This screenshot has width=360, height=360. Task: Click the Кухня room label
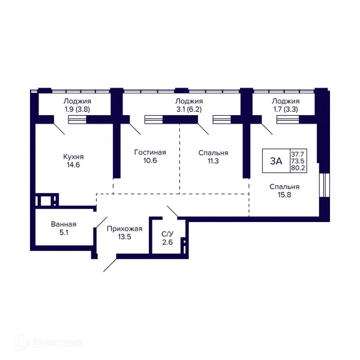(73, 157)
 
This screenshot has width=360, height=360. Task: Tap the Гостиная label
(150, 152)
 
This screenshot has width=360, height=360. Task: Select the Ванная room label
(64, 224)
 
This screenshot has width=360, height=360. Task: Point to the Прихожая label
(125, 229)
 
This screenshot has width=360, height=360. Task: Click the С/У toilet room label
(167, 234)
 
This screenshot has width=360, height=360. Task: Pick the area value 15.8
(284, 194)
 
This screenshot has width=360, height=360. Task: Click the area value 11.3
(213, 161)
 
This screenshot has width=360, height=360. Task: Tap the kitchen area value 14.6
(73, 164)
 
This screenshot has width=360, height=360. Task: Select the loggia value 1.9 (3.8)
(77, 109)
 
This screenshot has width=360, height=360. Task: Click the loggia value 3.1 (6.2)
(189, 109)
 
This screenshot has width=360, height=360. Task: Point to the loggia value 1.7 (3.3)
(286, 109)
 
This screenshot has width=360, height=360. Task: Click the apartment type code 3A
(276, 161)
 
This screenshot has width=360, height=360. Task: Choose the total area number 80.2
(298, 168)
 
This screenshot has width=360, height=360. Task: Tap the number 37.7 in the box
(298, 154)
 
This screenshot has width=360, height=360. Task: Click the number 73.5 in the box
(298, 161)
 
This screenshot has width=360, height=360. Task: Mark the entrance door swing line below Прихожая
(110, 265)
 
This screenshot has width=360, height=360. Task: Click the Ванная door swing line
(102, 222)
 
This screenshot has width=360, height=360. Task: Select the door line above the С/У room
(172, 211)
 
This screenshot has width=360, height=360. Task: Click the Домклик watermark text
(58, 343)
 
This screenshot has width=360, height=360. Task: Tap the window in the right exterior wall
(325, 185)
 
